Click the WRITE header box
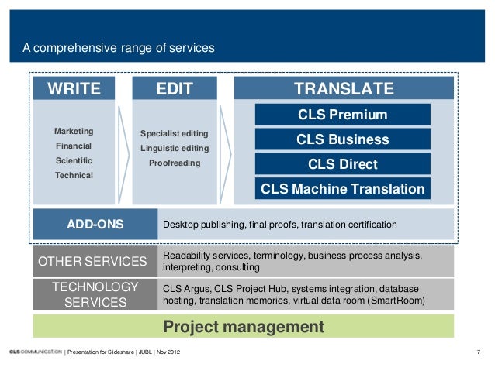(74, 89)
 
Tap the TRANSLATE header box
(344, 89)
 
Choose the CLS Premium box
(342, 115)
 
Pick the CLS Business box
(342, 140)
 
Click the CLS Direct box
(342, 164)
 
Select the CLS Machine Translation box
(342, 189)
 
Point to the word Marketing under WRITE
(74, 131)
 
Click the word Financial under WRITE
(74, 146)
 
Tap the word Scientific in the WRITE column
(74, 160)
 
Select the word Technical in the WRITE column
(74, 175)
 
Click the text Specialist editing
(174, 134)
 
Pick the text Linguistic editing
(174, 148)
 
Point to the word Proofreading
(174, 163)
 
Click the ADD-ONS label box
(95, 225)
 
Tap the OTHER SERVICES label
(92, 262)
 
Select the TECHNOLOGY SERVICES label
(95, 294)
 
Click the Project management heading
(243, 327)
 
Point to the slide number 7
(479, 353)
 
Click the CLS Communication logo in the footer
(31, 353)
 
